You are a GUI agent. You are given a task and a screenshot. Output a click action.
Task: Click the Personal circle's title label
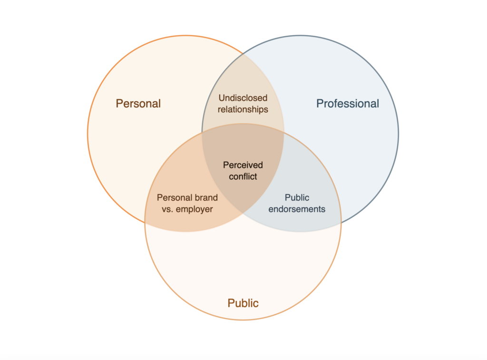click(138, 103)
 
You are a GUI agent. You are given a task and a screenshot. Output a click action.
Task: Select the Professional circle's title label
click(348, 103)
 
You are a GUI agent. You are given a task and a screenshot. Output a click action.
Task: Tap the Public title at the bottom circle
click(243, 303)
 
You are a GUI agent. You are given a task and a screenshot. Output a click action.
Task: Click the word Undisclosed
click(243, 98)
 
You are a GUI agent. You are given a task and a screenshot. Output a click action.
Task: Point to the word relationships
click(243, 109)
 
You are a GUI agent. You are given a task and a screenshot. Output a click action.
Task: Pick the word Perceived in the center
click(243, 165)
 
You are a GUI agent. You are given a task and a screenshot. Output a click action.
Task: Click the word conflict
click(243, 176)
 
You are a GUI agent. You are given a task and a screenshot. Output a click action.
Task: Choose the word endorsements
click(297, 209)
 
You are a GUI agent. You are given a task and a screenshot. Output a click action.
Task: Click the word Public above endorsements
click(297, 197)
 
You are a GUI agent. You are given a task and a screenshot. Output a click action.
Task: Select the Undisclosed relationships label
click(243, 104)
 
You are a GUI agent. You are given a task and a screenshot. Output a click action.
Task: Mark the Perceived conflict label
click(243, 171)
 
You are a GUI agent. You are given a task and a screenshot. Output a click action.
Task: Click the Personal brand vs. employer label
click(187, 203)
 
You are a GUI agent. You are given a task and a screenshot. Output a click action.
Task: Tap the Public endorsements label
click(297, 203)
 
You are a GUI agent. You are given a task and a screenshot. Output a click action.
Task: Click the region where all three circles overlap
click(243, 152)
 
